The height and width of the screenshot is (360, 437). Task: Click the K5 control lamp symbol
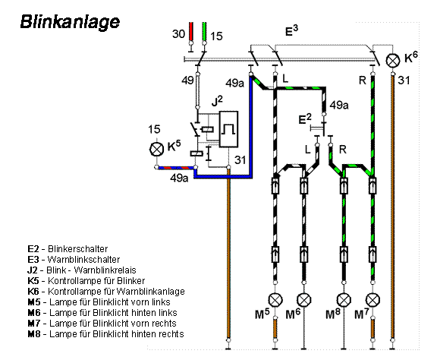[x=157, y=150]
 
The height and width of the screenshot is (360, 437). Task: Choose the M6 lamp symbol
[x=304, y=298]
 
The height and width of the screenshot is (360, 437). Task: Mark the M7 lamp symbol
[x=373, y=298]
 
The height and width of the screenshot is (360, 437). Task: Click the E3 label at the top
[x=291, y=31]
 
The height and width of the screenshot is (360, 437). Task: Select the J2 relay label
[x=217, y=100]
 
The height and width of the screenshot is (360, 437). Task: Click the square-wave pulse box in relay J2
[x=228, y=128]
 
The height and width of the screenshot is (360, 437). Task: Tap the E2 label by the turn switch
[x=304, y=118]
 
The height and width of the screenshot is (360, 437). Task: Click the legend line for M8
[x=105, y=333]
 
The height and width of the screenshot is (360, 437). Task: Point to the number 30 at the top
[x=178, y=34]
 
